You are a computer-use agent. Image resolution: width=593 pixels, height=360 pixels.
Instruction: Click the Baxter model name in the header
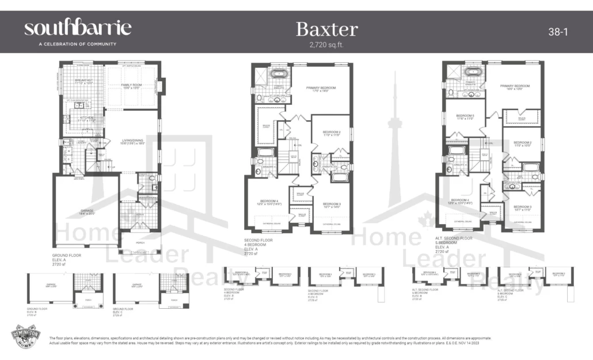tap(326, 29)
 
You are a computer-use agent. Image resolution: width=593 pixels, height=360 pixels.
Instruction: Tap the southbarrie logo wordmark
tap(77, 28)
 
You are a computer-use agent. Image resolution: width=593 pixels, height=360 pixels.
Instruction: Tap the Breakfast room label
tap(83, 81)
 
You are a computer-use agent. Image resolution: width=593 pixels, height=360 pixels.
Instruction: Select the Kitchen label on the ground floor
tap(79, 119)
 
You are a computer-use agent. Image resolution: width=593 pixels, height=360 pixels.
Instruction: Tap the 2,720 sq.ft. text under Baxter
tap(326, 44)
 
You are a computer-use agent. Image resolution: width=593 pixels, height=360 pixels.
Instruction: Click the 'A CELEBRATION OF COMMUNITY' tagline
tap(70, 44)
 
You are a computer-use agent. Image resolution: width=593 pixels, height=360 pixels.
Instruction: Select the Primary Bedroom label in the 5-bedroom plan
tap(514, 86)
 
